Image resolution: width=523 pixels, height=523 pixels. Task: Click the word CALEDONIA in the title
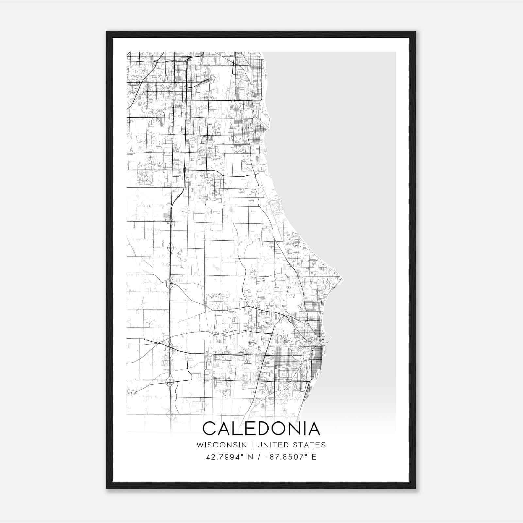[261, 429]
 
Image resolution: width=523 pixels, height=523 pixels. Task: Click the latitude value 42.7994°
[225, 457]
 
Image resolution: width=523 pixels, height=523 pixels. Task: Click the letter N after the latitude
[250, 457]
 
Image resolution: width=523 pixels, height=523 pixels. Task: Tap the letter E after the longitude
[314, 457]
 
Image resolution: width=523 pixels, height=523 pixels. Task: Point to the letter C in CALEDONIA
[210, 429]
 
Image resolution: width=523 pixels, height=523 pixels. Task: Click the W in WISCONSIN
[200, 445]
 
